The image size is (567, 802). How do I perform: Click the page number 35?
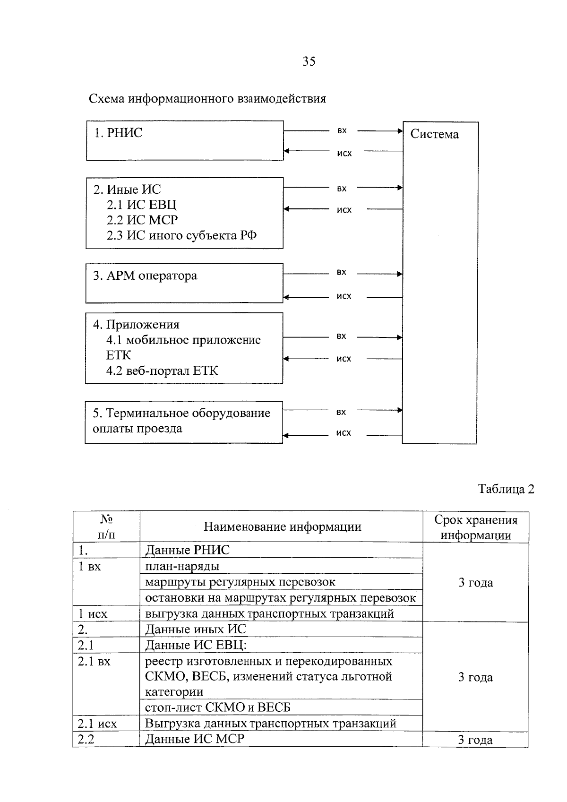tap(309, 61)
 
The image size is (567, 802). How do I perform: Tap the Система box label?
tap(434, 134)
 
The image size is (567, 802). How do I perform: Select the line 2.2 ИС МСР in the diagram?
tap(142, 220)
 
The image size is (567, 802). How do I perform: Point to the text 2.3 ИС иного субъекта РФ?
tap(181, 235)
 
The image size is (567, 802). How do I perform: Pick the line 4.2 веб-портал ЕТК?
tap(162, 371)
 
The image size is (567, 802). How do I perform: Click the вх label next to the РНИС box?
tap(342, 131)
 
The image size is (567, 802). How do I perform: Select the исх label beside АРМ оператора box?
tap(344, 296)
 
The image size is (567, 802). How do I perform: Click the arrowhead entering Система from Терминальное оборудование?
tap(400, 410)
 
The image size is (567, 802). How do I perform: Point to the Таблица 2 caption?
tap(506, 489)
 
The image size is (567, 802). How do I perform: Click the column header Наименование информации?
tap(283, 526)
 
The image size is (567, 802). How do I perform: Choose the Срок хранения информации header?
tap(476, 527)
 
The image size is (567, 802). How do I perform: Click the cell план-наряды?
tap(182, 566)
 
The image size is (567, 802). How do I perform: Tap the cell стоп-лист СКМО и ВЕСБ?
tap(218, 707)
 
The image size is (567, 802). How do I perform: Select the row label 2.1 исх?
tap(97, 724)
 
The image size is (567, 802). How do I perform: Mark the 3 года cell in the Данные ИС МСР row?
tap(475, 740)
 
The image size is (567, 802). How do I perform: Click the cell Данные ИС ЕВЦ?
tap(196, 645)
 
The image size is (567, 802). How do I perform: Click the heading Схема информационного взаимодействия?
tap(207, 98)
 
